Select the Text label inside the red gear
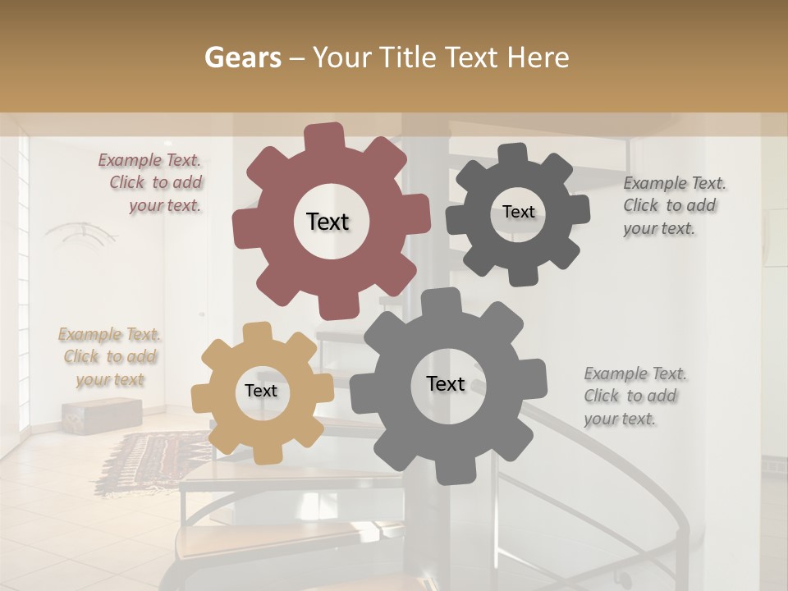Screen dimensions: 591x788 (328, 222)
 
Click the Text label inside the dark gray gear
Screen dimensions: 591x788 (518, 212)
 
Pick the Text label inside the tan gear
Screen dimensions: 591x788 (261, 391)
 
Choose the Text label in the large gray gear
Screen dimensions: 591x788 (446, 383)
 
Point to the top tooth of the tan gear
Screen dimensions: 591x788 (257, 333)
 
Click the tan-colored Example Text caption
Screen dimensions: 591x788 (110, 357)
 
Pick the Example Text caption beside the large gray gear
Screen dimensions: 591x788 (631, 396)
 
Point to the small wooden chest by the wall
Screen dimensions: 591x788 (100, 415)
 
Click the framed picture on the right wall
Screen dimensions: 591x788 (775, 238)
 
